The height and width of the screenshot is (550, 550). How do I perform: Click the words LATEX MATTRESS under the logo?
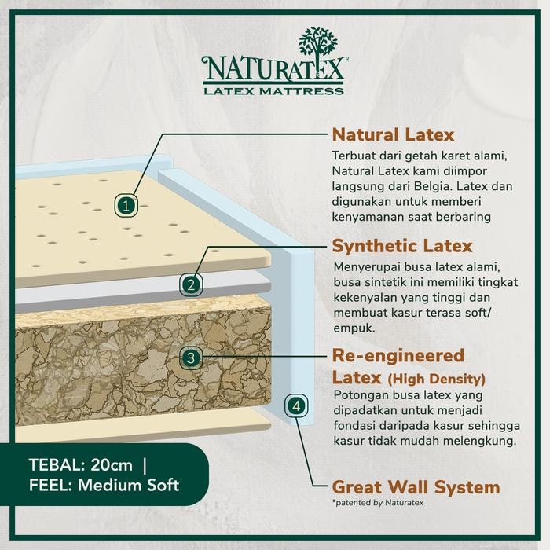[x=273, y=91]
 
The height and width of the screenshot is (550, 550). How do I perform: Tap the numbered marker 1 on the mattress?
[x=128, y=206]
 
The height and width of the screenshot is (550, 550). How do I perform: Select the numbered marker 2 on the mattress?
[x=191, y=283]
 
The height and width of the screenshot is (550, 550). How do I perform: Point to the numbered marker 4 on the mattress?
[x=295, y=406]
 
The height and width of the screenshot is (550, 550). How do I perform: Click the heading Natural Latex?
[x=394, y=134]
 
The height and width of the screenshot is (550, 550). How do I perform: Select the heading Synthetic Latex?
[x=401, y=246]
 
